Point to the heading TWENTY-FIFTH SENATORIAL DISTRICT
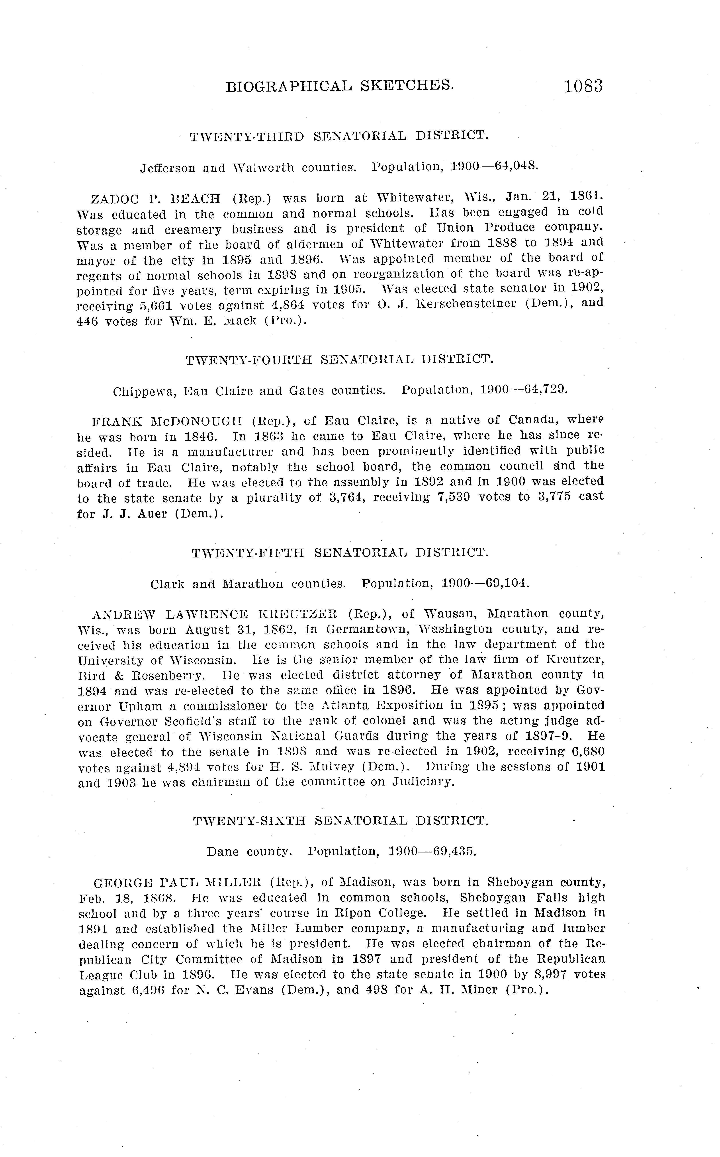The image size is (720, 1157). click(x=340, y=553)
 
